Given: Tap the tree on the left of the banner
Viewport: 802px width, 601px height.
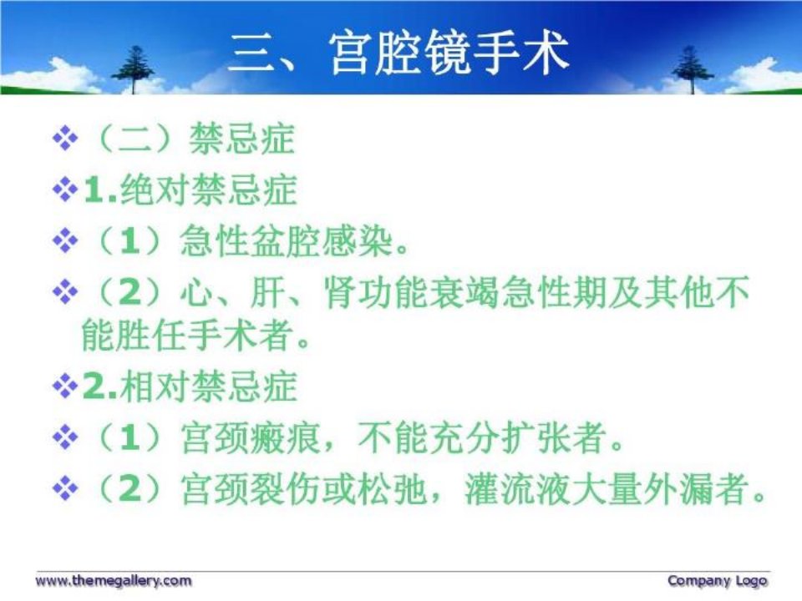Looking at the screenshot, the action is click(x=134, y=69).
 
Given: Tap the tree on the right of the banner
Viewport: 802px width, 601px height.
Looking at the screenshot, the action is click(x=692, y=69).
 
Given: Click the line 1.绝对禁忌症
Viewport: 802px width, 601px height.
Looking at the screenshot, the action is click(x=190, y=190).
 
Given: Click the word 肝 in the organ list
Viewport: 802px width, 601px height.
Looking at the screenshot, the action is click(x=267, y=292).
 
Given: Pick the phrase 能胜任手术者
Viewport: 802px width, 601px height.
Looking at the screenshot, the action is click(x=189, y=336).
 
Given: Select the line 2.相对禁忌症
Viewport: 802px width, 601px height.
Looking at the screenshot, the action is click(x=190, y=386).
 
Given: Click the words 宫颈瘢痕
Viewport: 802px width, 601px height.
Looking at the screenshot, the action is click(x=250, y=438).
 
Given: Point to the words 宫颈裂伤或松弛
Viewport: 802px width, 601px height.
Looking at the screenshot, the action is click(x=304, y=489).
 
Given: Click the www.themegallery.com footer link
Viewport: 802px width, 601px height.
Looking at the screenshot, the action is click(x=113, y=581).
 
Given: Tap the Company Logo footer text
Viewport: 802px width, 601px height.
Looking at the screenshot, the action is click(x=717, y=581).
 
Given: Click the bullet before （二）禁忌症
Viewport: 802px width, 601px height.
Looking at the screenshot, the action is click(x=65, y=139).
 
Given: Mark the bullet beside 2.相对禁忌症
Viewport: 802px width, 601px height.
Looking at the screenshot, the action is click(x=65, y=386).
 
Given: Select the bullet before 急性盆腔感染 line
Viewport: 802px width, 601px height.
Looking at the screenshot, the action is click(x=65, y=240).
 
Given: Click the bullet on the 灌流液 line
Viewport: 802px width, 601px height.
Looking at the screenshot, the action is click(x=65, y=489).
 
